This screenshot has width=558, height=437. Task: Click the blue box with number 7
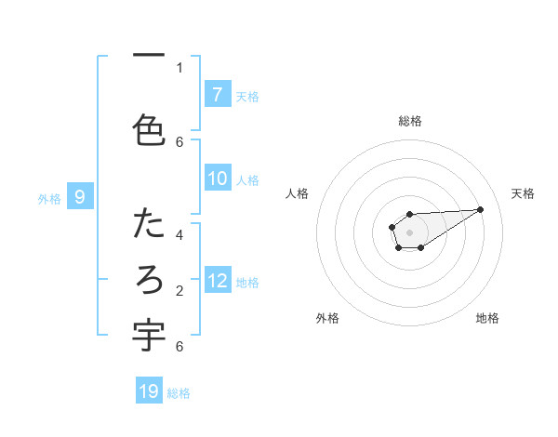217,94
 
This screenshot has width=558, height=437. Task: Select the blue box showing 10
217,179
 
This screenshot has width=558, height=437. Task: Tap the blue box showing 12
217,281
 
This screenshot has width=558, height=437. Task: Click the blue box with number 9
81,196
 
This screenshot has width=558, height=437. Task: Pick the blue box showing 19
149,391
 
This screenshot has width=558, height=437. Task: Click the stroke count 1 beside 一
179,67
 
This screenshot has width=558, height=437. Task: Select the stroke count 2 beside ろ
179,290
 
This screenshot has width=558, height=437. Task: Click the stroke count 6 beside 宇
179,346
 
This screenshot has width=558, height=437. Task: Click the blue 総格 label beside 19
179,392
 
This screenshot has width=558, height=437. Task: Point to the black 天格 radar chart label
523,193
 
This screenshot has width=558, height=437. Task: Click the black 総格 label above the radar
409,121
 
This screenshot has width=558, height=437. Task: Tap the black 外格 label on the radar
327,318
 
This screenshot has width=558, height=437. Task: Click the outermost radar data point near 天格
481,208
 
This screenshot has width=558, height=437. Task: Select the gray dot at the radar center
409,232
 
